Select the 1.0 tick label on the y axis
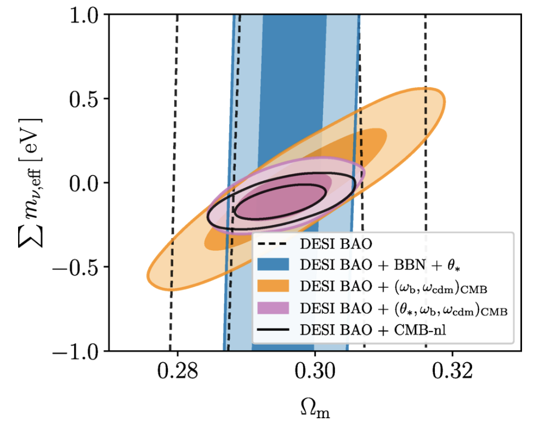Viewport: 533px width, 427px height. (x=88, y=15)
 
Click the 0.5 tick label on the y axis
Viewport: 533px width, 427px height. (x=88, y=99)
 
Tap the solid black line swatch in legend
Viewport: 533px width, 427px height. (x=277, y=331)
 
